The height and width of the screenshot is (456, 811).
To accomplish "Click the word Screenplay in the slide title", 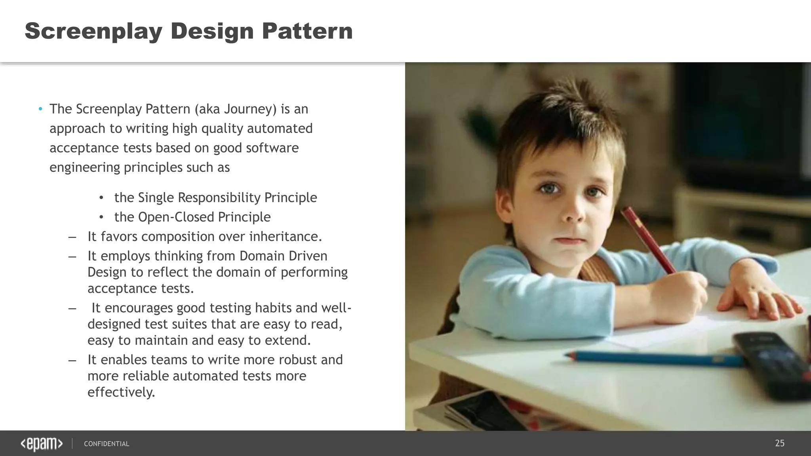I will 93,31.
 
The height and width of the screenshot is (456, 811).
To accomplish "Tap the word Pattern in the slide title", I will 307,31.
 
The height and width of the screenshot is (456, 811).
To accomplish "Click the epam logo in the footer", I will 42,444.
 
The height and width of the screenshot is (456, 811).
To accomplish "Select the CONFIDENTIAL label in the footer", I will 107,444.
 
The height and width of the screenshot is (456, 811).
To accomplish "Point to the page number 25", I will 779,443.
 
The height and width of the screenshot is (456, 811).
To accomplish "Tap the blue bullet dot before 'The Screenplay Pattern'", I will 40,109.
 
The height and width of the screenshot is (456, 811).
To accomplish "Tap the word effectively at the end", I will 121,392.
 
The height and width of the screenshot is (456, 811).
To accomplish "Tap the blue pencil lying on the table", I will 653,358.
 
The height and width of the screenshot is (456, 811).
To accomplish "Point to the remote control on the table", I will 772,364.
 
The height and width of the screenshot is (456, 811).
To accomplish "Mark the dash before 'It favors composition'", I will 72,237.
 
